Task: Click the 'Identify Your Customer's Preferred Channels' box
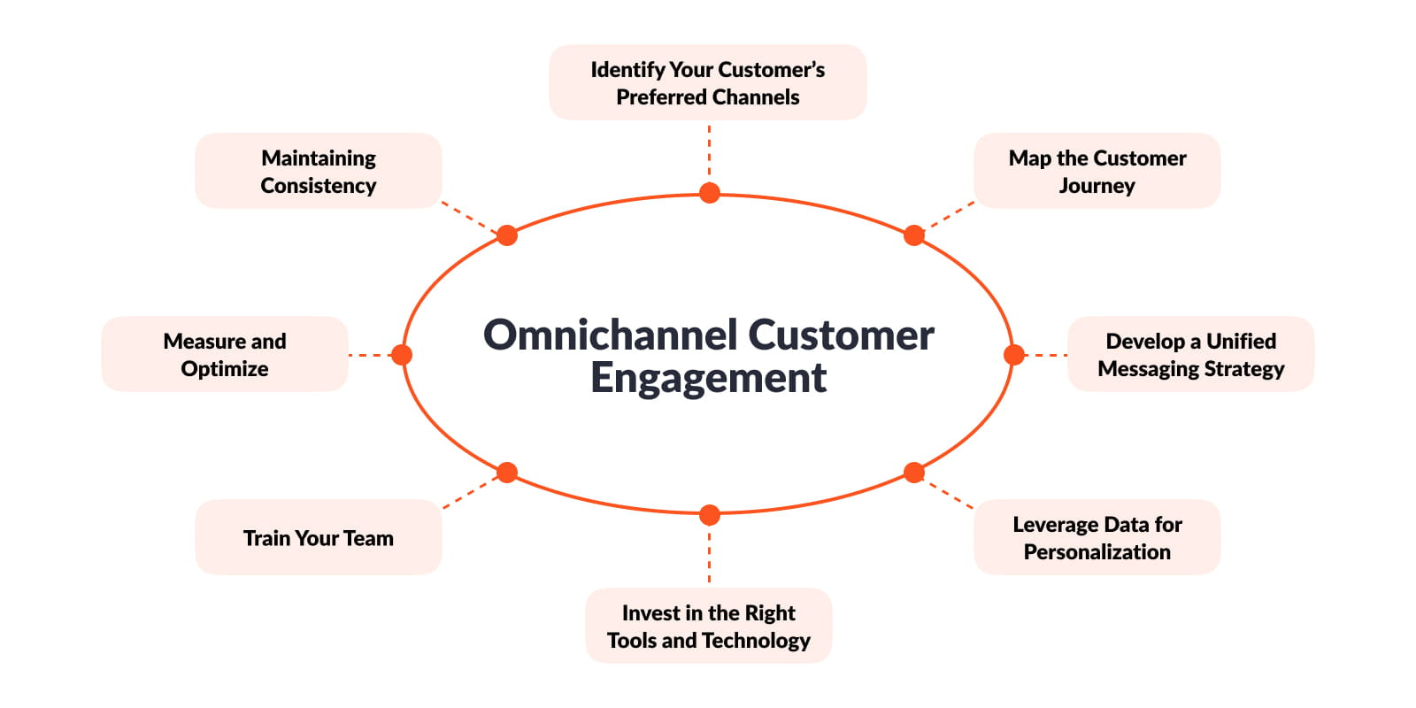[x=707, y=82]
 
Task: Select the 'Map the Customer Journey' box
[x=1097, y=171]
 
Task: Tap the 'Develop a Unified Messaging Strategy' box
[x=1190, y=354]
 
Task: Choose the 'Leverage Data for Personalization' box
[x=1097, y=537]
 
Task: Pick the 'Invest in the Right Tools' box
[x=708, y=626]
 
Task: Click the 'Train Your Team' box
[x=318, y=537]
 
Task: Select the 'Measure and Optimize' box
[x=225, y=354]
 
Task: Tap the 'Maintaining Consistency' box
[x=318, y=171]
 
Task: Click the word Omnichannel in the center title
[x=610, y=335]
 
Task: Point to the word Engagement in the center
[x=708, y=378]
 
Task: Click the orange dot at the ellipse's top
[x=709, y=193]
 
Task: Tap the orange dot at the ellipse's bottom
[x=709, y=514]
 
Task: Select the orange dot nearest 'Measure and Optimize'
[x=402, y=355]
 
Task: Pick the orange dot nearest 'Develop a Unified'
[x=1014, y=355]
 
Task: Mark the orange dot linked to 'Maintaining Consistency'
[x=507, y=235]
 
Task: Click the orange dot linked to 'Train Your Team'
[x=507, y=473]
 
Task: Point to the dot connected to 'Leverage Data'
[x=914, y=473]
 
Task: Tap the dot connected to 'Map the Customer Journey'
[x=914, y=235]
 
